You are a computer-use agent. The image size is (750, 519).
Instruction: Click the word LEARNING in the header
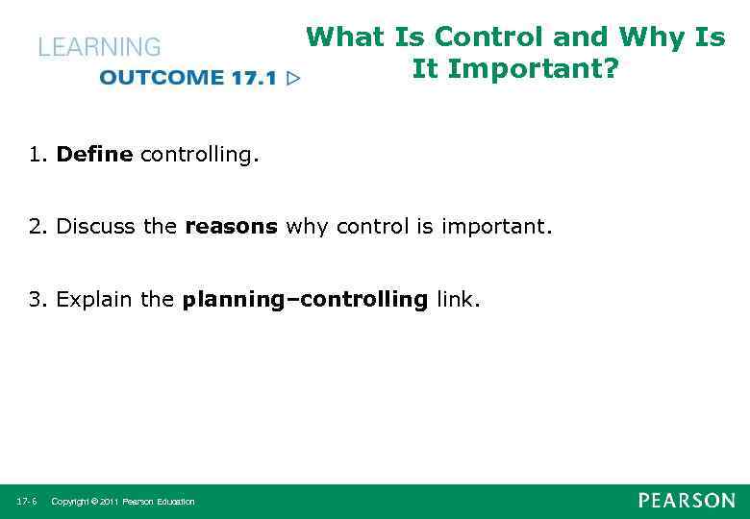coord(99,47)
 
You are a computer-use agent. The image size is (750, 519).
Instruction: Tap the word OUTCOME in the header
coord(162,78)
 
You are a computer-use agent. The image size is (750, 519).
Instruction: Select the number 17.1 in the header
coord(253,78)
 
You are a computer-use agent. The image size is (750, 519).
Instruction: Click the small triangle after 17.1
coord(293,78)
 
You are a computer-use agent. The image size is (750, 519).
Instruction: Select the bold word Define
coord(94,154)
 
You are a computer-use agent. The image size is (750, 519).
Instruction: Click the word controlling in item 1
coord(198,154)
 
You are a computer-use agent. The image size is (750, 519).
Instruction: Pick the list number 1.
coord(37,154)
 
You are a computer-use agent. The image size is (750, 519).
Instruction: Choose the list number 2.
coord(37,227)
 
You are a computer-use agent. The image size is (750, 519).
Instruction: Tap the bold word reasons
coord(231,227)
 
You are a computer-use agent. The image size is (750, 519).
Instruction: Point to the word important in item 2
coord(497,227)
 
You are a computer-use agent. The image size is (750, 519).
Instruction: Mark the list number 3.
coord(37,300)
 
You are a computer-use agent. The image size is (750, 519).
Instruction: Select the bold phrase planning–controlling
coord(305,300)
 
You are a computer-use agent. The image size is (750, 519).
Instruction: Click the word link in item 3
coord(457,300)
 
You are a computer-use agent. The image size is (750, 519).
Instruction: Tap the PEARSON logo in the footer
coord(687,501)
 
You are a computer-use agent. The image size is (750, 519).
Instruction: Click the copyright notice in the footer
coord(122,502)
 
